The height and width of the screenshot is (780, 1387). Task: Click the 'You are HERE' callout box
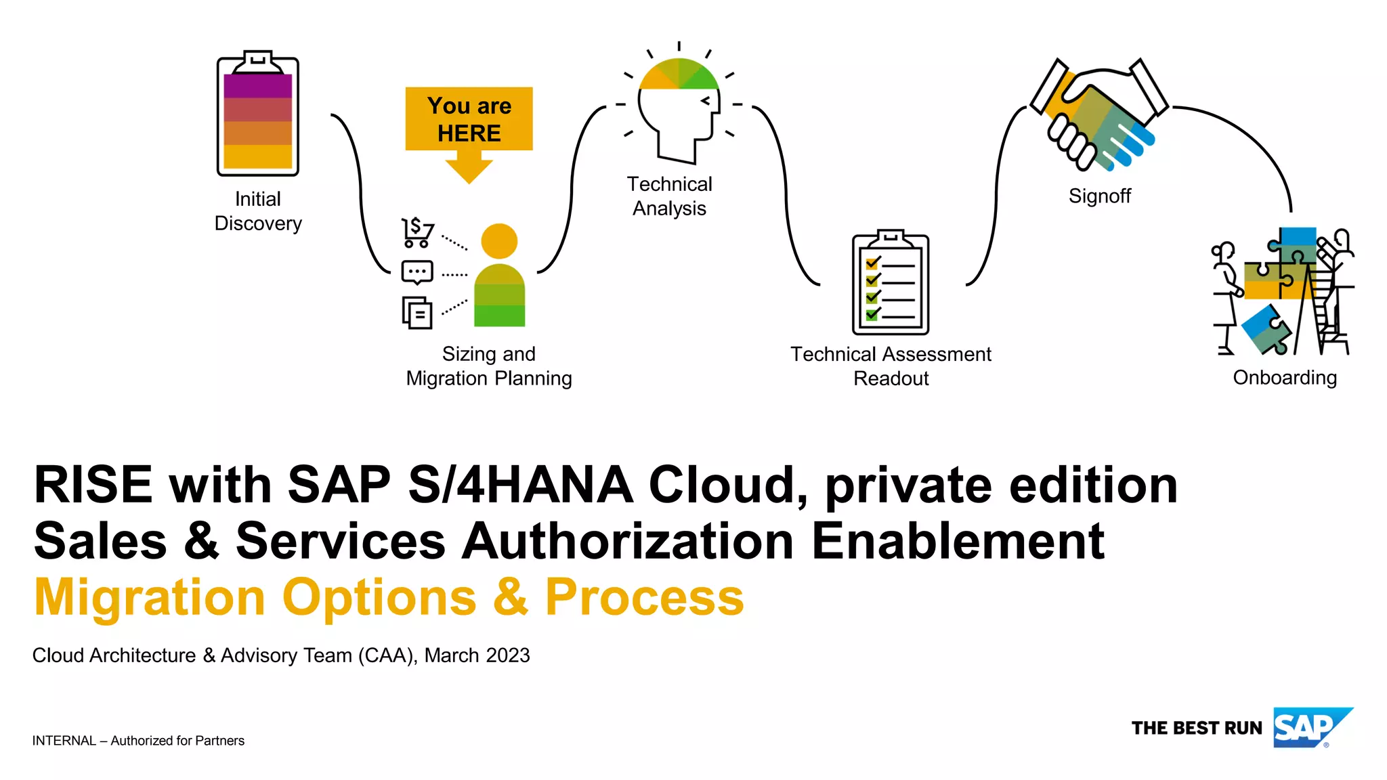(469, 119)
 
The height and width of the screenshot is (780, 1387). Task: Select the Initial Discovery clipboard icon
(257, 114)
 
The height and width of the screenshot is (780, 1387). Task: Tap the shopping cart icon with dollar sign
(417, 232)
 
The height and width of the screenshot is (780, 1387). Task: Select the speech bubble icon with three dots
(417, 272)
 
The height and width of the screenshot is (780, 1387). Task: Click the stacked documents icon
(417, 312)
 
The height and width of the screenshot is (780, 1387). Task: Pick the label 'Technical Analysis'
(669, 196)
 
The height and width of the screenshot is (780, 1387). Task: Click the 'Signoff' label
(1099, 196)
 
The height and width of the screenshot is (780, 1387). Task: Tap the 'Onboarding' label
(1285, 378)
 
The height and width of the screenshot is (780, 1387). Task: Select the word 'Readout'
(891, 378)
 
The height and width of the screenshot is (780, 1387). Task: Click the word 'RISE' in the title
(93, 485)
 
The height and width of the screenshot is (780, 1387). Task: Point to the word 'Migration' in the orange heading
(150, 597)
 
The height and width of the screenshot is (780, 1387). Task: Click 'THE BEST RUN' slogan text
(1197, 729)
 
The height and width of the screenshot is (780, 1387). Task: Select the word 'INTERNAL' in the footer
(64, 741)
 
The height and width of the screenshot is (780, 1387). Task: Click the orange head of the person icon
(499, 241)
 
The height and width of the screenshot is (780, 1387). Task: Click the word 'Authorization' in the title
(627, 542)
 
